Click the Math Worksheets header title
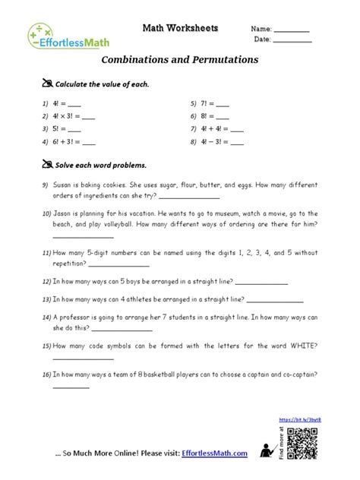tap(180, 28)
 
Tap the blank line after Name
tap(292, 31)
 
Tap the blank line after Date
tap(292, 41)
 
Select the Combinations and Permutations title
tap(179, 60)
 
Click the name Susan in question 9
tap(65, 185)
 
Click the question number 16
tap(46, 374)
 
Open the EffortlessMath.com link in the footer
tap(215, 455)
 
